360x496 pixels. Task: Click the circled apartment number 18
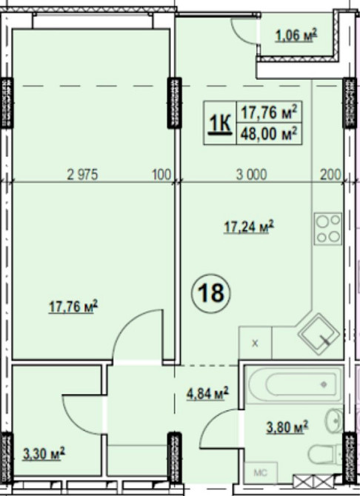coord(211,293)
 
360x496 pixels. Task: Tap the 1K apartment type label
coord(220,124)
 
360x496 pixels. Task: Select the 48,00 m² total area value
coord(269,134)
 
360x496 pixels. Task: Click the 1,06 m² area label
coord(296,35)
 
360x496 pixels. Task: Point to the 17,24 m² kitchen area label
coord(249,227)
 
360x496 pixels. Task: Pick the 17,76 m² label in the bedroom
coord(73,306)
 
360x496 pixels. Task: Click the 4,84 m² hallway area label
coord(207,394)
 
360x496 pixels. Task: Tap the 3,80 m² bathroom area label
coord(287,427)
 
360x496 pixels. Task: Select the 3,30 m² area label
coord(44,454)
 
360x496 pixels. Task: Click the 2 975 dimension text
coord(83,175)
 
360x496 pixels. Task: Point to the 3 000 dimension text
coord(252,175)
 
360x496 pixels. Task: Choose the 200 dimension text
coord(330,175)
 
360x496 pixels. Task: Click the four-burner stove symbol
coord(328,229)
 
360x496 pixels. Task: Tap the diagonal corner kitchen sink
coord(319,335)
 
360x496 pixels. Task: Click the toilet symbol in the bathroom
coord(325,455)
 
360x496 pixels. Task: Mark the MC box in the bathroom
coord(261,473)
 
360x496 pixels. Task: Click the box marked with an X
coord(256,343)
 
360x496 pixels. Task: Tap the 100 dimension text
coord(161,175)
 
